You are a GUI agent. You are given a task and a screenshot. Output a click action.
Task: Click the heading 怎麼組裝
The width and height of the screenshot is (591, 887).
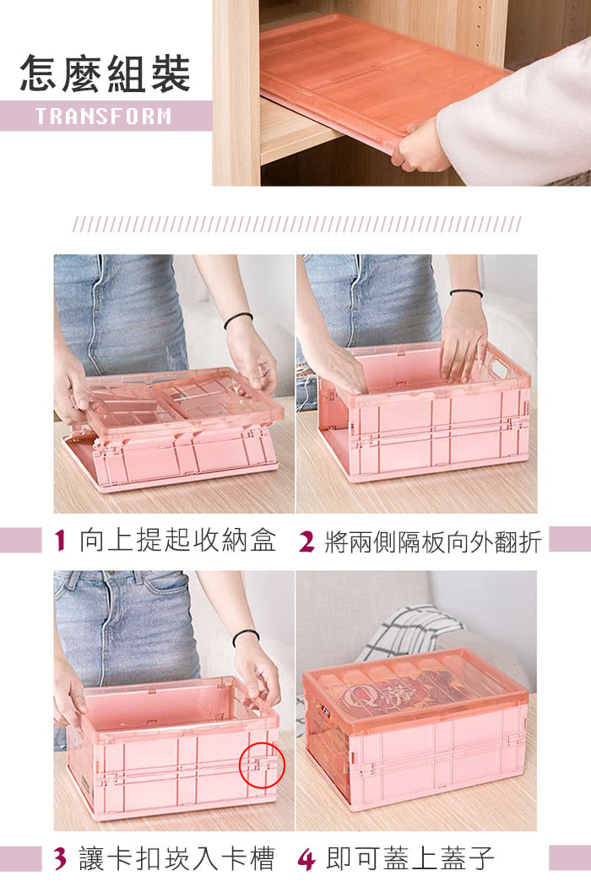[106, 73]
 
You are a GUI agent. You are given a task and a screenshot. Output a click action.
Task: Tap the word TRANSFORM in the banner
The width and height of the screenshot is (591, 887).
[104, 116]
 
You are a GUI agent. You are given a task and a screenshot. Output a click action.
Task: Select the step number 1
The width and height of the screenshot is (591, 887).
[61, 541]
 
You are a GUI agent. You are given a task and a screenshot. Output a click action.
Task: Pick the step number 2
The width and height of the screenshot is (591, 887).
[306, 541]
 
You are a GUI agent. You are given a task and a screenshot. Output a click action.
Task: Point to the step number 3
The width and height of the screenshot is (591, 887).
[61, 858]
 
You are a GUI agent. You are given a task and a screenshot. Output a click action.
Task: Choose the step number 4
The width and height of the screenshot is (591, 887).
[306, 859]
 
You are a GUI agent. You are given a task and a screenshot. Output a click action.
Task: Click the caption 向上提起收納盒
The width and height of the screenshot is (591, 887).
[177, 541]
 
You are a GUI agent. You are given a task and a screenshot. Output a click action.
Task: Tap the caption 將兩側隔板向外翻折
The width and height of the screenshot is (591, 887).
[432, 541]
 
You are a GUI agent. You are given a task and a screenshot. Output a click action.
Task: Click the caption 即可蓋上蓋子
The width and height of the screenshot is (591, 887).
[410, 858]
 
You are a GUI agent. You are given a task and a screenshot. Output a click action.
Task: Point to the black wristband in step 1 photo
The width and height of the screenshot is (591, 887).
[237, 319]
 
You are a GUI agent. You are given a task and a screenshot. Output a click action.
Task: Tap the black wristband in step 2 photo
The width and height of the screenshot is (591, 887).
[466, 292]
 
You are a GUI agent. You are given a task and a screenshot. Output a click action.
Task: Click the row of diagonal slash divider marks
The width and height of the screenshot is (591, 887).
[296, 224]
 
